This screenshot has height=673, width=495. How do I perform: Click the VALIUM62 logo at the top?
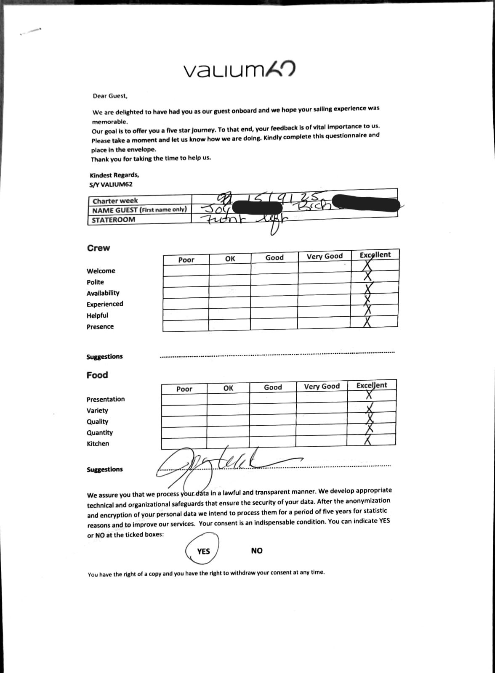click(239, 70)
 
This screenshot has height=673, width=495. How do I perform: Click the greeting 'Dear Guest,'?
click(110, 96)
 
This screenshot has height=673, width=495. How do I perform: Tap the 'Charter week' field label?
click(115, 201)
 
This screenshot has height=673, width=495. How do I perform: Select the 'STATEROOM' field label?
click(113, 220)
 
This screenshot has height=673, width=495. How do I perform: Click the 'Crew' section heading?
click(98, 248)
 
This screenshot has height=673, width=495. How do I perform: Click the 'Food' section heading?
click(97, 375)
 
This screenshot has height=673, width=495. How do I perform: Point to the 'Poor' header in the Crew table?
click(186, 260)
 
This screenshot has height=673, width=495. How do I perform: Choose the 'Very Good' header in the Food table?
click(322, 387)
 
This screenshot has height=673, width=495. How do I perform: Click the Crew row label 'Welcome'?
click(101, 271)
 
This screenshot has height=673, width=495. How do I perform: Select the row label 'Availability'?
click(103, 293)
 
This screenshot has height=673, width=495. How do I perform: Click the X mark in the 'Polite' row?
click(367, 276)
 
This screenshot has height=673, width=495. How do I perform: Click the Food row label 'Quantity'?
click(100, 432)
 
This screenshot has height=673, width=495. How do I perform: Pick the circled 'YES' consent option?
click(203, 551)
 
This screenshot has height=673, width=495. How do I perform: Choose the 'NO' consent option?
click(257, 551)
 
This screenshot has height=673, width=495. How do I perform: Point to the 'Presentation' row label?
click(106, 399)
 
